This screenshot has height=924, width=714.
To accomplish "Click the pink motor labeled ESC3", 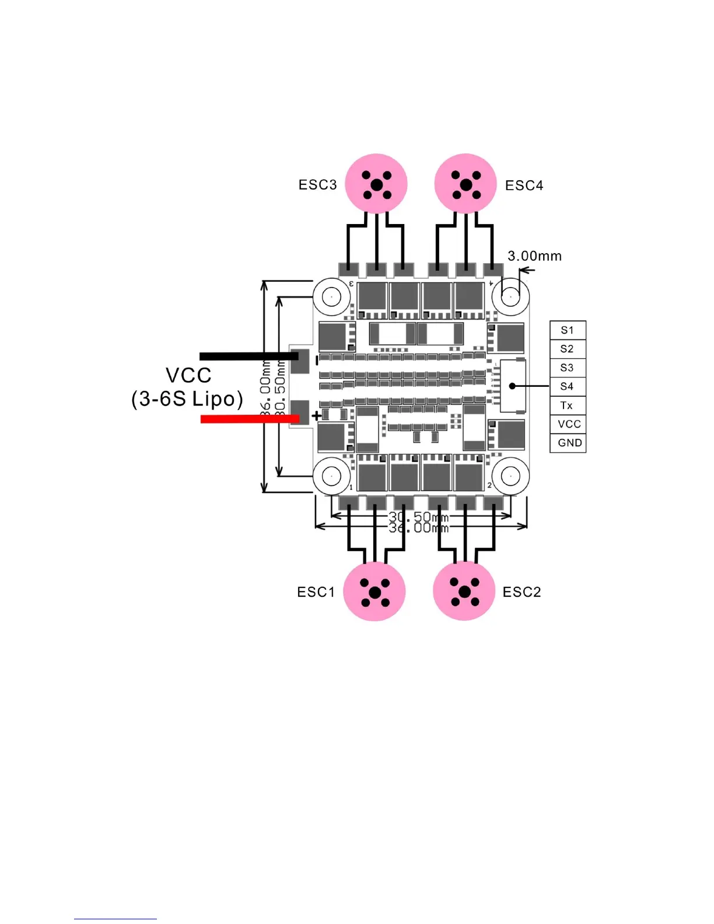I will click(376, 184).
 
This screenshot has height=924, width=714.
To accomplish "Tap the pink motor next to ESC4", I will click(466, 184).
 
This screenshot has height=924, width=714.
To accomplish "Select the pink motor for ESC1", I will click(374, 591).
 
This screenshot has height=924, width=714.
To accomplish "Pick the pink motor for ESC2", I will click(464, 591).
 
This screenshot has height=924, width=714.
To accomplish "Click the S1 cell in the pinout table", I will click(568, 330).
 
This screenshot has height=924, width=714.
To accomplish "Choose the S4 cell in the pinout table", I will click(568, 386).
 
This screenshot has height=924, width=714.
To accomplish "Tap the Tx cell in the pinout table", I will click(568, 405).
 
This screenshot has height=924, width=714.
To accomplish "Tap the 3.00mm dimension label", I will click(534, 256).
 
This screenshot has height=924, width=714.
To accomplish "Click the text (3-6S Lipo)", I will click(187, 399).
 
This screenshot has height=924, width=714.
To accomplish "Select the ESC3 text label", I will click(317, 185).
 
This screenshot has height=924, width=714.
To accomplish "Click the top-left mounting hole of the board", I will click(331, 296).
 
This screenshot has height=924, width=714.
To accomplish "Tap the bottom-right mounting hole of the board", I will click(510, 476).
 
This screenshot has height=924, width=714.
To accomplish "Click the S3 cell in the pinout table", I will click(568, 367).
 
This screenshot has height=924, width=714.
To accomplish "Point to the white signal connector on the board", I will click(513, 386).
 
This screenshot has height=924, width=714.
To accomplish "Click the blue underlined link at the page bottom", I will click(115, 918).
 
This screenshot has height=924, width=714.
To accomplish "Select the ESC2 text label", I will click(521, 592).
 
